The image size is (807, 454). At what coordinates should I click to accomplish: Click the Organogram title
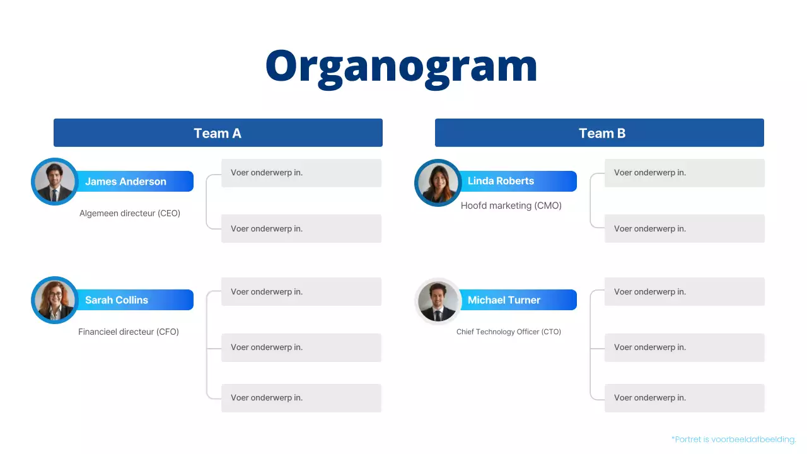(401, 66)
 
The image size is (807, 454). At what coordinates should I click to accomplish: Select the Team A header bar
(218, 133)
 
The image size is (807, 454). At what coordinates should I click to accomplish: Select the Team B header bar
(599, 133)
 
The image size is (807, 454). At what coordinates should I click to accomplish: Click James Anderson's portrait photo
(54, 182)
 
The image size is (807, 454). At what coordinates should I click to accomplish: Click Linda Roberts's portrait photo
(438, 182)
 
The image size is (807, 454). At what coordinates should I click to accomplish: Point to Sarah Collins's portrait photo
(54, 300)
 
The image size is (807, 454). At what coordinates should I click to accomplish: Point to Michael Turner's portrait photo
(438, 301)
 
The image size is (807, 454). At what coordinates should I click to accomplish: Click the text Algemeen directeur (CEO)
(130, 214)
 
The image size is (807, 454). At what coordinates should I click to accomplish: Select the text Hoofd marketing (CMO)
(511, 206)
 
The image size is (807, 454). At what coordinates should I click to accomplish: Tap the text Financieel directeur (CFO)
(129, 332)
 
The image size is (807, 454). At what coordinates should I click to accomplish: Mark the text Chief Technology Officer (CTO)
(508, 332)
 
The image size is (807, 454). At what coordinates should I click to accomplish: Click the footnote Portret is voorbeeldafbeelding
(734, 439)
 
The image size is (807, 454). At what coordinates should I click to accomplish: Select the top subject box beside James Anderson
(301, 173)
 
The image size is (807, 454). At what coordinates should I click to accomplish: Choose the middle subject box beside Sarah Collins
(301, 347)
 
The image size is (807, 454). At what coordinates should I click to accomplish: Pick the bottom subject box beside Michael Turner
(684, 398)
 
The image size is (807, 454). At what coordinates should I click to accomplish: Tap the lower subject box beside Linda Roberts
(684, 229)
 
